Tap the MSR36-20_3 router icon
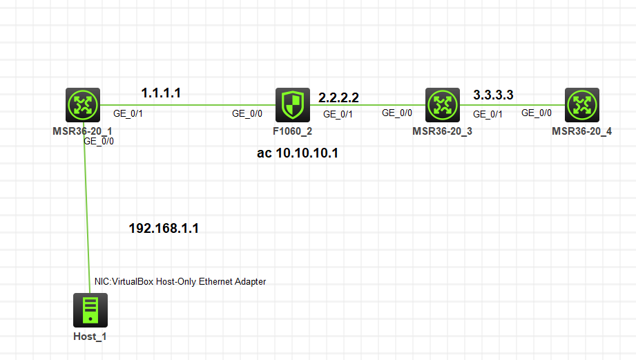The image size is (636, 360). pos(442,105)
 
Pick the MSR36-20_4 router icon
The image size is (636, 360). pos(581,105)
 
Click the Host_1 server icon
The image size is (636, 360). pos(90,310)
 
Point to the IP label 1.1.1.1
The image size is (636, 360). pos(161,92)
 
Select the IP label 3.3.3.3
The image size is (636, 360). pos(493,94)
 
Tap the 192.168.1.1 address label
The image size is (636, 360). pos(164,229)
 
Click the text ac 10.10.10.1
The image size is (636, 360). pos(298,153)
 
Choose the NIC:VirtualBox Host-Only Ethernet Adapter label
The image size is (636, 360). pos(180,281)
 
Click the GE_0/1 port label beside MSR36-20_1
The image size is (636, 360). pos(128,113)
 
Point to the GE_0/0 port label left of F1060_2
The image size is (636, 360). pos(247,113)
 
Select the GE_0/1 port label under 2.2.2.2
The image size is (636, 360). pos(338,114)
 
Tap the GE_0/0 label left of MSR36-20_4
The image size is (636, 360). pos(536,113)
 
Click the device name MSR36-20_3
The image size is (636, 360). pos(442,131)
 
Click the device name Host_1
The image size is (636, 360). pos(90,337)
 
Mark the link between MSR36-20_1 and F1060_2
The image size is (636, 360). pos(186,105)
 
